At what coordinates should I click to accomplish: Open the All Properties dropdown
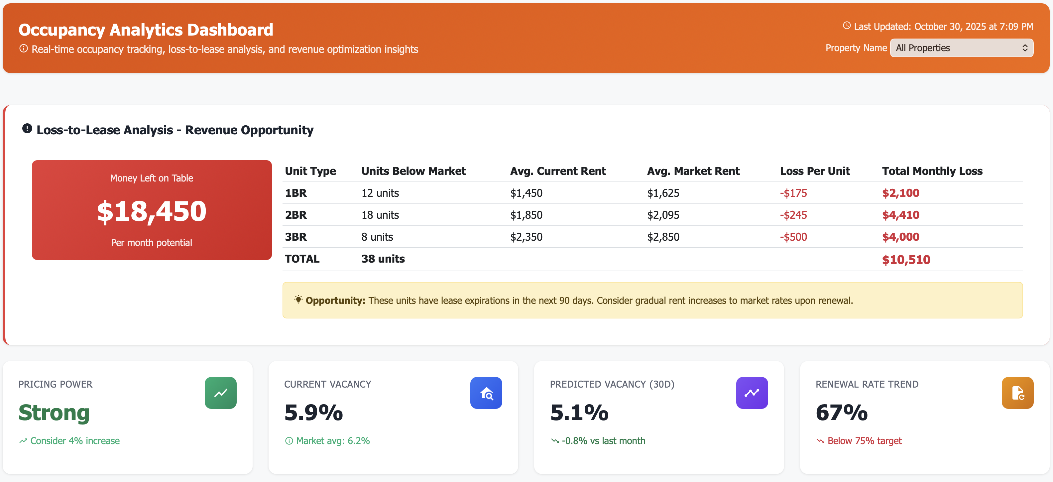[x=962, y=48]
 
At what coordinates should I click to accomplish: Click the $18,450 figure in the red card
[x=152, y=211]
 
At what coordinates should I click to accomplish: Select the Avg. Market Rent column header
[x=693, y=171]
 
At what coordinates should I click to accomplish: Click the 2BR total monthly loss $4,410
[x=900, y=215]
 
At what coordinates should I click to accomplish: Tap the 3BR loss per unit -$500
[x=793, y=237]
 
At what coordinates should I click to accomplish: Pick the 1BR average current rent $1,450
[x=526, y=193]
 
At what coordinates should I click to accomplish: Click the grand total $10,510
[x=905, y=260]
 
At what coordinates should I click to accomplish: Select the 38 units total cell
[x=383, y=259]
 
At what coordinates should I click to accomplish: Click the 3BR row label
[x=295, y=237]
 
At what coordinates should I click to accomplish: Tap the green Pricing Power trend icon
[x=220, y=393]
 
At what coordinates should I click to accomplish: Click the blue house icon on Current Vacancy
[x=486, y=393]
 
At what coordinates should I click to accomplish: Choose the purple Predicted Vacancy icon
[x=752, y=393]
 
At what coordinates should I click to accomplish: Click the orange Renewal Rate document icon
[x=1017, y=393]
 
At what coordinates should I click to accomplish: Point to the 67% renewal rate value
[x=841, y=413]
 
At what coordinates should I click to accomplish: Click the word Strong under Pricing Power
[x=54, y=413]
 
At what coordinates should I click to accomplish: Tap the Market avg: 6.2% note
[x=332, y=441]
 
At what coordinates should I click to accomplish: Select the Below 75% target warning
[x=864, y=441]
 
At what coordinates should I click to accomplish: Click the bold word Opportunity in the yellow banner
[x=335, y=301]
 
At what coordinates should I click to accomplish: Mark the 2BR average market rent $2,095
[x=663, y=215]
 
